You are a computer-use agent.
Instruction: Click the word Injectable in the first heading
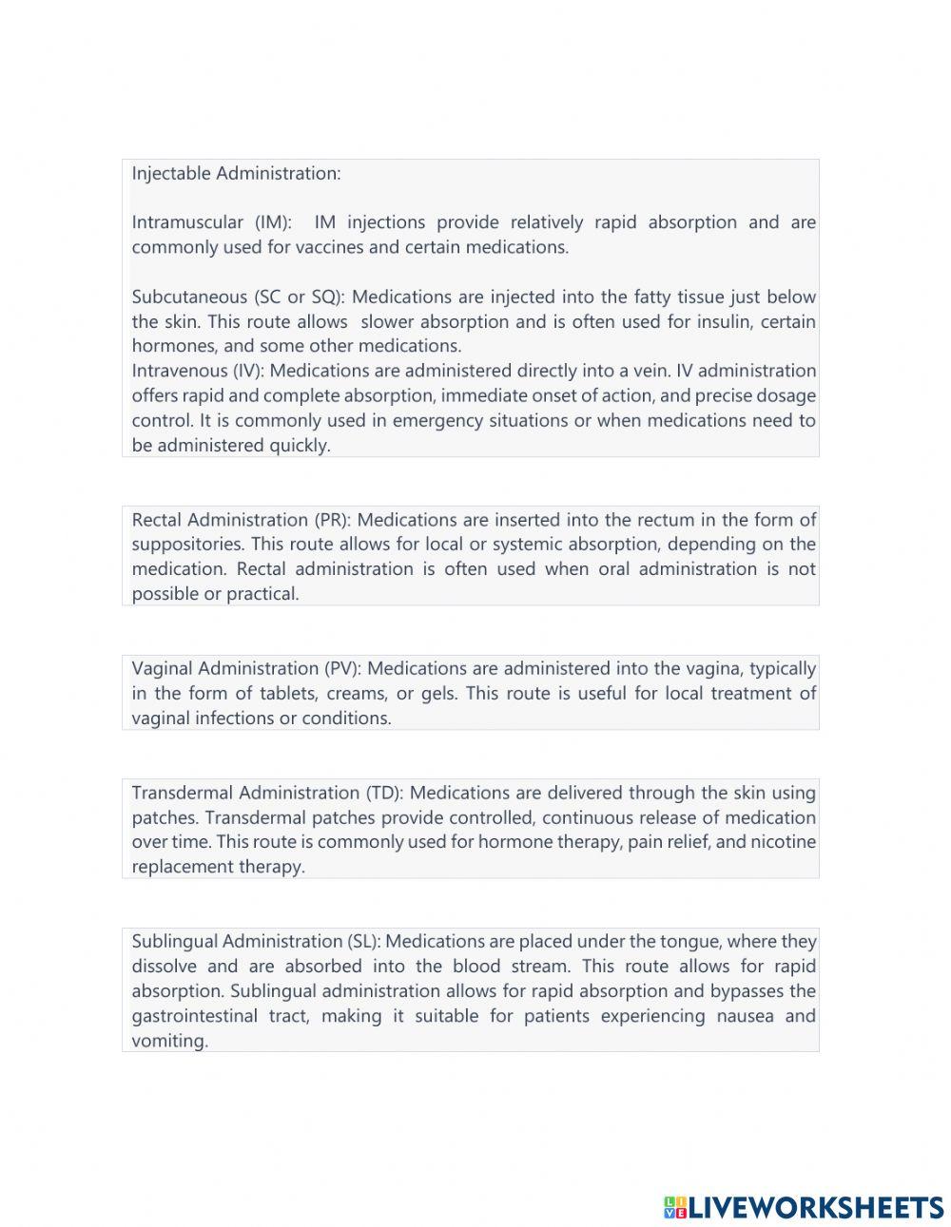coord(171,174)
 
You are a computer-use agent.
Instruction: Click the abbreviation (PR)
coord(333,520)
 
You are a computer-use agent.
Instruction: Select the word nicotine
coord(783,842)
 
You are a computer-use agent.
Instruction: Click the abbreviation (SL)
coord(364,941)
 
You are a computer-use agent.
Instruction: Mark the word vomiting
coord(169,1041)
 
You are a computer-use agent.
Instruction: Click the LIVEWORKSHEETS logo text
coord(816,1207)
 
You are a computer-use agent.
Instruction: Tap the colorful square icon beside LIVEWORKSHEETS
coord(675,1207)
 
